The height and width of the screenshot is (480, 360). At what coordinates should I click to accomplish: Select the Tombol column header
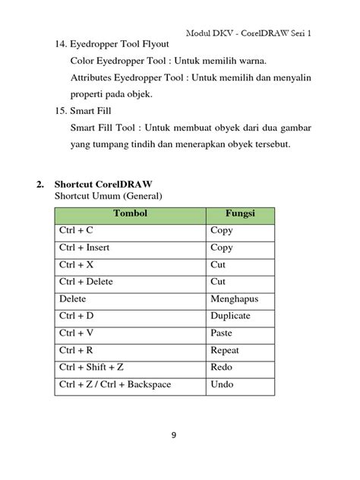[x=131, y=213]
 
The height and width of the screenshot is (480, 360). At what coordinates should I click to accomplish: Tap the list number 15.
[x=62, y=112]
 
